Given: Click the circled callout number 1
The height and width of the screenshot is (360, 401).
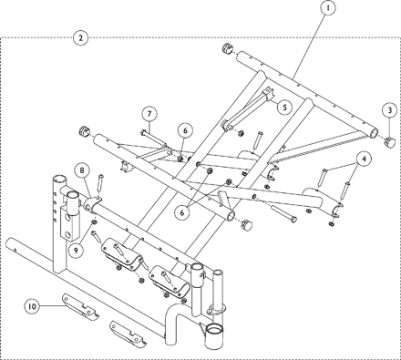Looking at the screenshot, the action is point(327,8).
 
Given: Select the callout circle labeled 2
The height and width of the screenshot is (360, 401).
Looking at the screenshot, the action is point(80,38).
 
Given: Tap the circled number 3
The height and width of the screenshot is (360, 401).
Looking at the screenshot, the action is point(390,110).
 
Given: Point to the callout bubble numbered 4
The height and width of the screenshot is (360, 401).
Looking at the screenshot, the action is point(364,159).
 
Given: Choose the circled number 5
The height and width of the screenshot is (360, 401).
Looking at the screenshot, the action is point(284,107).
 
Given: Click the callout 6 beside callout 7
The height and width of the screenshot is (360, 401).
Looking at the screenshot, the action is point(185,130).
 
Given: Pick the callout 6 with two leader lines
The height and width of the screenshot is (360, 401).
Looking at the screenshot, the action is point(182,212).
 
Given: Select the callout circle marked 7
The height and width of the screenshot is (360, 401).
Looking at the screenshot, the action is point(149,114).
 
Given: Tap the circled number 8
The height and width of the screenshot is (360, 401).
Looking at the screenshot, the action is point(82,170).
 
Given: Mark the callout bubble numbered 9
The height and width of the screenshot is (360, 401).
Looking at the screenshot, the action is point(76,250).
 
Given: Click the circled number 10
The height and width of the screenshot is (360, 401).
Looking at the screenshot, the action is point(32,306).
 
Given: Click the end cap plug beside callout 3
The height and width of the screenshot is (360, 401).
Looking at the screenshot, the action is point(390,141).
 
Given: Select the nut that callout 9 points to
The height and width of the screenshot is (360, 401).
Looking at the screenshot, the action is point(94,223).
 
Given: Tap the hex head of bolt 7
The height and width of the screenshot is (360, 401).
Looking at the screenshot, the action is point(143,132).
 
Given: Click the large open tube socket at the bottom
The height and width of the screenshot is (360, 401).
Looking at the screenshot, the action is point(215,336).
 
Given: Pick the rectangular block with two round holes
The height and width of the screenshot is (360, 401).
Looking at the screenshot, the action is point(70,223).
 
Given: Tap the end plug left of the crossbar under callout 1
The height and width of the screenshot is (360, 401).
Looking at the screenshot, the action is point(228,48).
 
